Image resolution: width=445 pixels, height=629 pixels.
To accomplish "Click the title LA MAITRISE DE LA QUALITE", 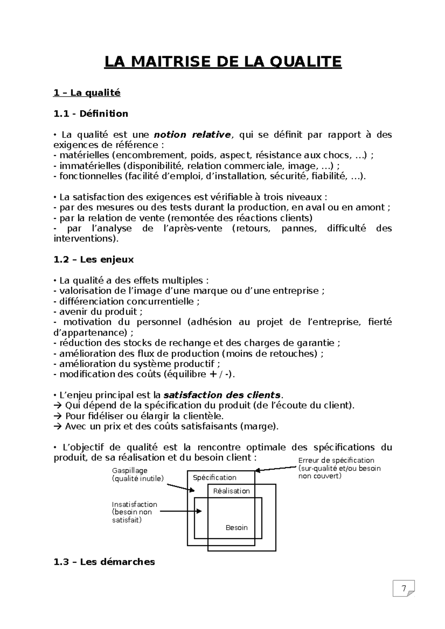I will pyautogui.click(x=222, y=62).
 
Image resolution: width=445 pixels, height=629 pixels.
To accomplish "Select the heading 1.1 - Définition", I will pyautogui.click(x=91, y=114).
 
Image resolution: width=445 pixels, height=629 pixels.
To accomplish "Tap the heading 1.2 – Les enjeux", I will pyautogui.click(x=93, y=259).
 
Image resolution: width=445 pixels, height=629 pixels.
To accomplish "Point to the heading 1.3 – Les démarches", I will pyautogui.click(x=104, y=562).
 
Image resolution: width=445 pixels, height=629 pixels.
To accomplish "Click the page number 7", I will pyautogui.click(x=403, y=588).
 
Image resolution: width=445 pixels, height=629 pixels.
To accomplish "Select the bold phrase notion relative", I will pyautogui.click(x=192, y=134).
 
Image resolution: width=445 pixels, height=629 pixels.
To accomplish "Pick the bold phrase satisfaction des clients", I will pyautogui.click(x=222, y=395).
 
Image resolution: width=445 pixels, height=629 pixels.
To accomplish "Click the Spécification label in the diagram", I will pyautogui.click(x=214, y=477).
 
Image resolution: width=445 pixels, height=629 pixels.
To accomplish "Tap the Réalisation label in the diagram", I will pyautogui.click(x=231, y=491).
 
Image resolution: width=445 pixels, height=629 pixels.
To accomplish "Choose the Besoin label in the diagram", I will pyautogui.click(x=237, y=528).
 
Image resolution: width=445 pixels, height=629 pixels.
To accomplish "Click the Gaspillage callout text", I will pyautogui.click(x=137, y=475).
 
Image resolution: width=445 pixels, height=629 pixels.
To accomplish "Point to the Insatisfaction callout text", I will pyautogui.click(x=134, y=512).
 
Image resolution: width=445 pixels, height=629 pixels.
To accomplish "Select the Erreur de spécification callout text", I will pyautogui.click(x=339, y=468).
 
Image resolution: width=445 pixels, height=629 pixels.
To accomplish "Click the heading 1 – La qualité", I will pyautogui.click(x=87, y=93).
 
